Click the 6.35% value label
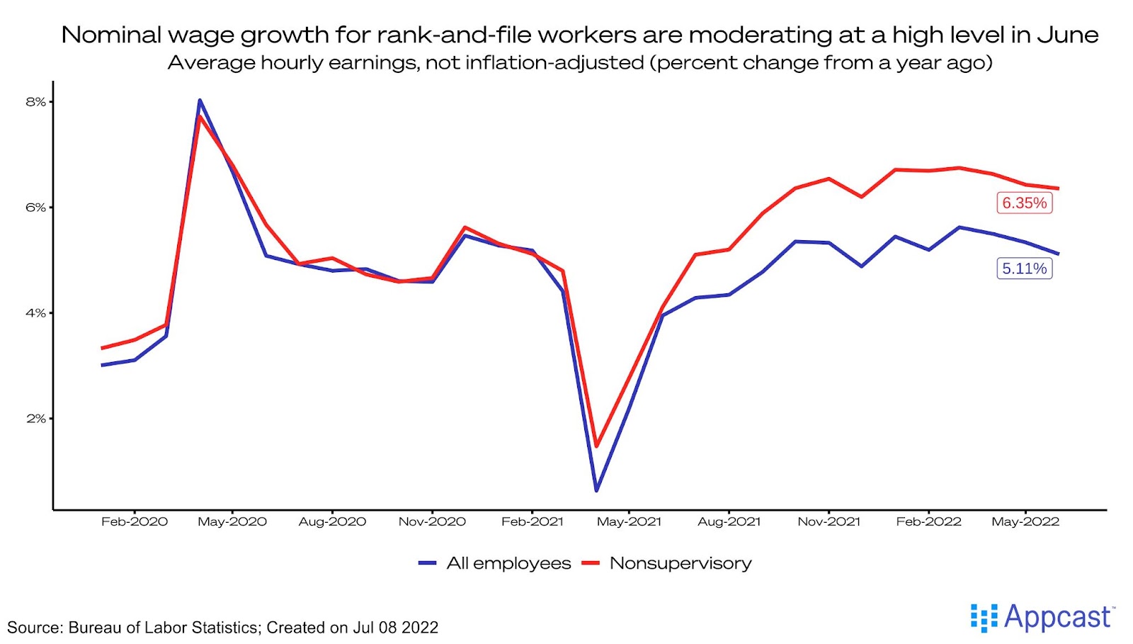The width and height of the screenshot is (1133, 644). point(1024,203)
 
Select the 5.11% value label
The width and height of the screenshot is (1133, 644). point(1024,269)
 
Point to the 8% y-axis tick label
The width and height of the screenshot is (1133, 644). point(35,102)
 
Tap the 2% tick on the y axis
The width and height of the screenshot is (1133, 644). point(35,419)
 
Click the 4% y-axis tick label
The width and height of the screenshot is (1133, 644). point(35,313)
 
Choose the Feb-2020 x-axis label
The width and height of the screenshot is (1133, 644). point(135,522)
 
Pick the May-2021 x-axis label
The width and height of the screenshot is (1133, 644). point(629,522)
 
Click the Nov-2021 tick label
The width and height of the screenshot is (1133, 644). point(829,522)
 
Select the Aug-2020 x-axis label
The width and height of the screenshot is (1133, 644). point(332,522)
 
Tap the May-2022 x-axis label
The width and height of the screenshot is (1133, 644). point(1025,522)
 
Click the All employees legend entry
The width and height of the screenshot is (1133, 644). point(508,564)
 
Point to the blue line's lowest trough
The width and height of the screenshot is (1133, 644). point(597,490)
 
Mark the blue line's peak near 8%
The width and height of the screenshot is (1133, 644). point(200,101)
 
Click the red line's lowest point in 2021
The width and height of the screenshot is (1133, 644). point(596,446)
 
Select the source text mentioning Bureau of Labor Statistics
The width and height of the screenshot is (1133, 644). point(222,628)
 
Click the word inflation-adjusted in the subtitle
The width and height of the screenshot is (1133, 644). point(554,63)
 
